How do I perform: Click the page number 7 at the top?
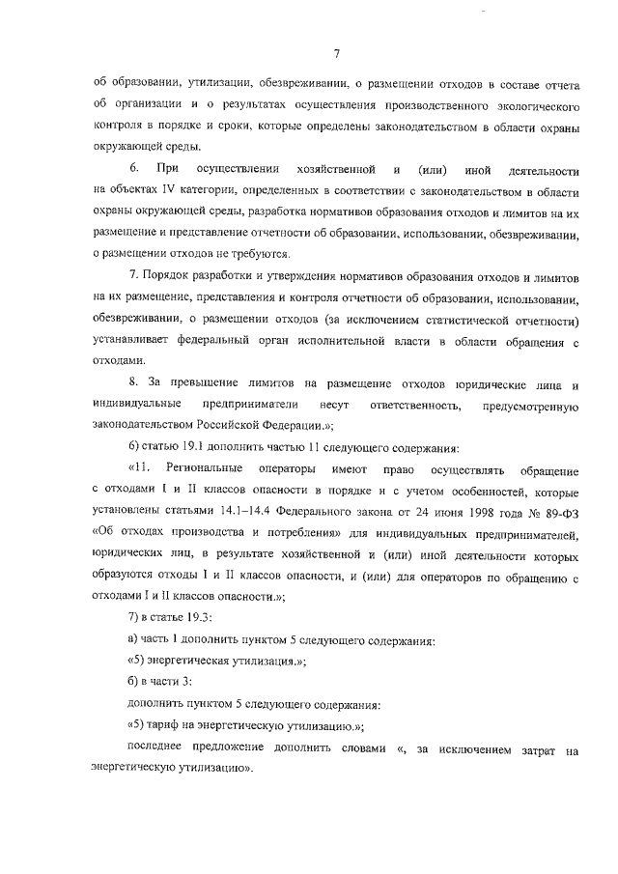click(x=335, y=52)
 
